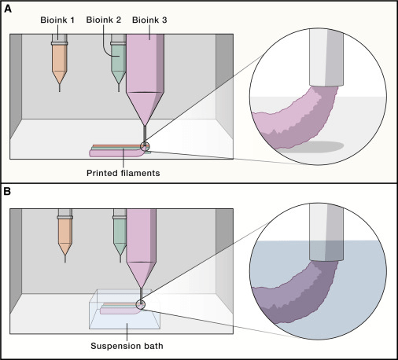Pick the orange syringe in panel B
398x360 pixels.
click(x=64, y=232)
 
